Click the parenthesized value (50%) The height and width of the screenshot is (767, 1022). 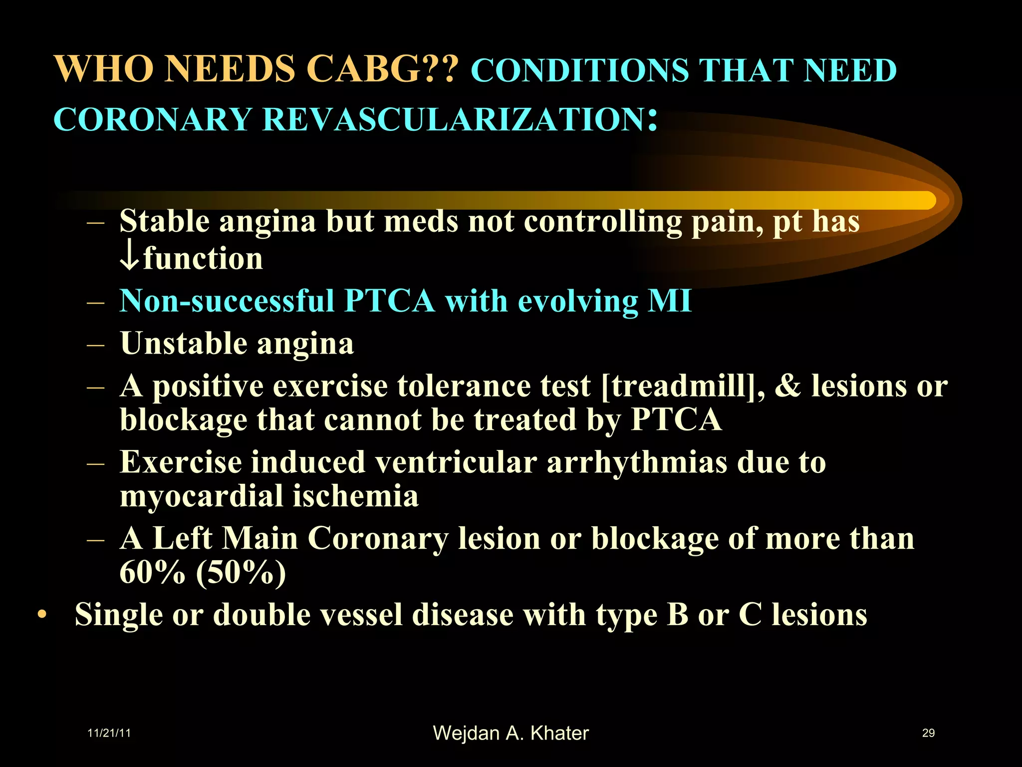coord(241,572)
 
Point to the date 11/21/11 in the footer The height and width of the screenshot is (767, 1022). coord(109,733)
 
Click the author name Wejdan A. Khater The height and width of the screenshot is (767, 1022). coord(511,733)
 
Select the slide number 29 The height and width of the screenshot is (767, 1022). coord(928,733)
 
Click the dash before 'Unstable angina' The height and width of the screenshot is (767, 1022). coord(95,345)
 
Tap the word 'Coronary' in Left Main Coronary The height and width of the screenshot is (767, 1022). coord(378,538)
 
